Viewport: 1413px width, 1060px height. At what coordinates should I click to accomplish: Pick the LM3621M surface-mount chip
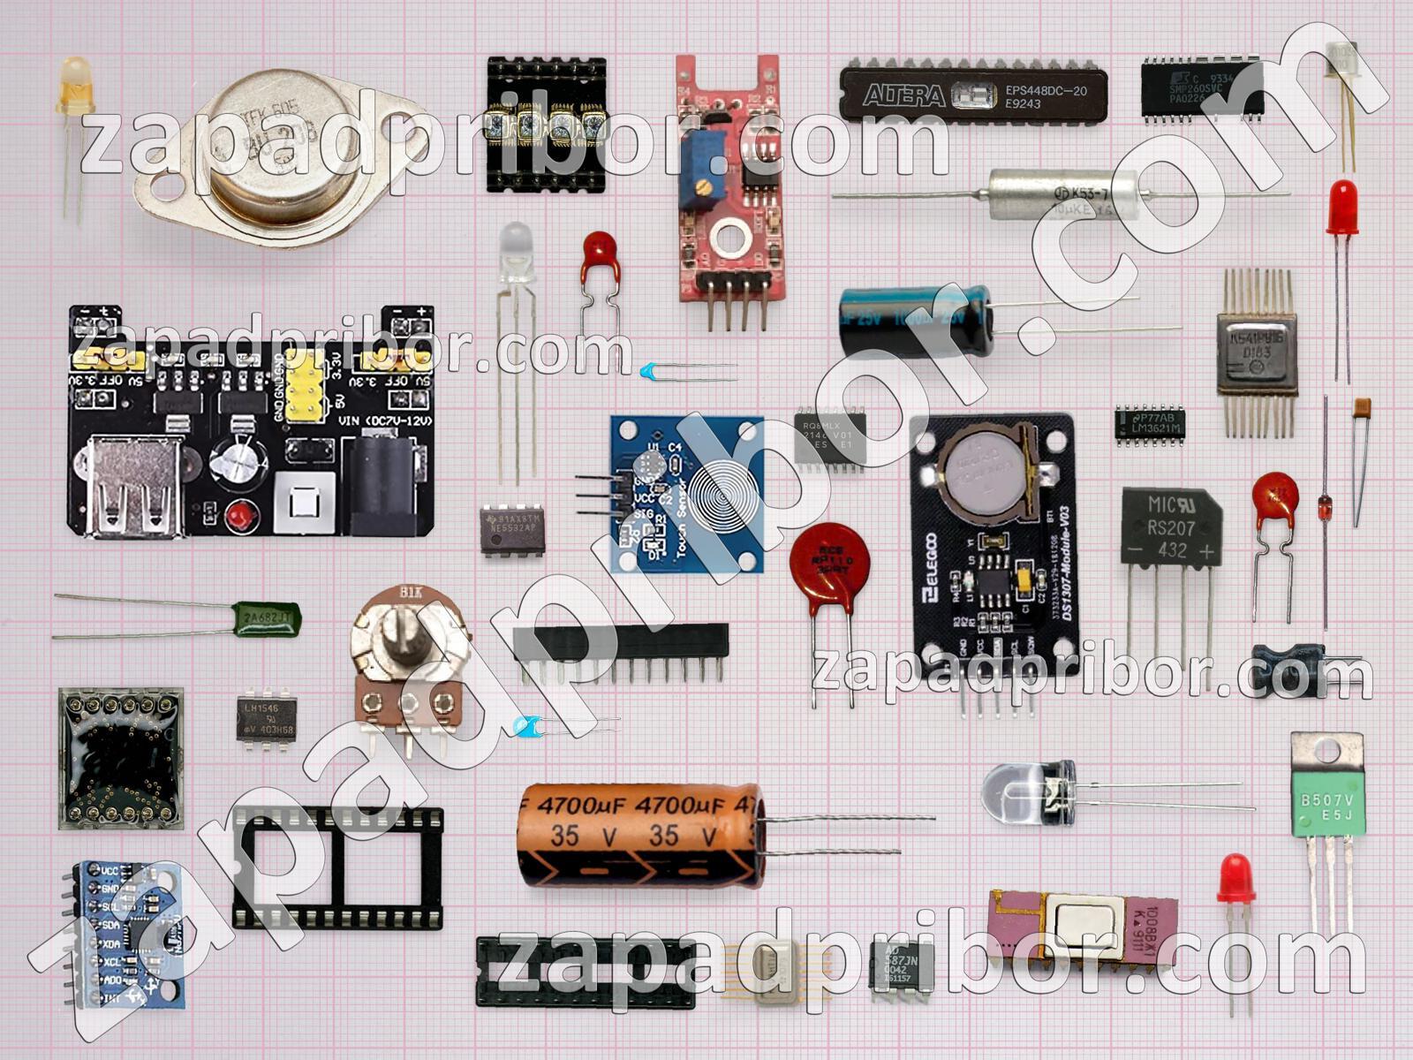point(1149,423)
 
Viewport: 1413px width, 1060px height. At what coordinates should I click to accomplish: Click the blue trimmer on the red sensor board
point(702,177)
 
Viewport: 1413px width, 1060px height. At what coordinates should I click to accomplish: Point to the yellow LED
point(75,84)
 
